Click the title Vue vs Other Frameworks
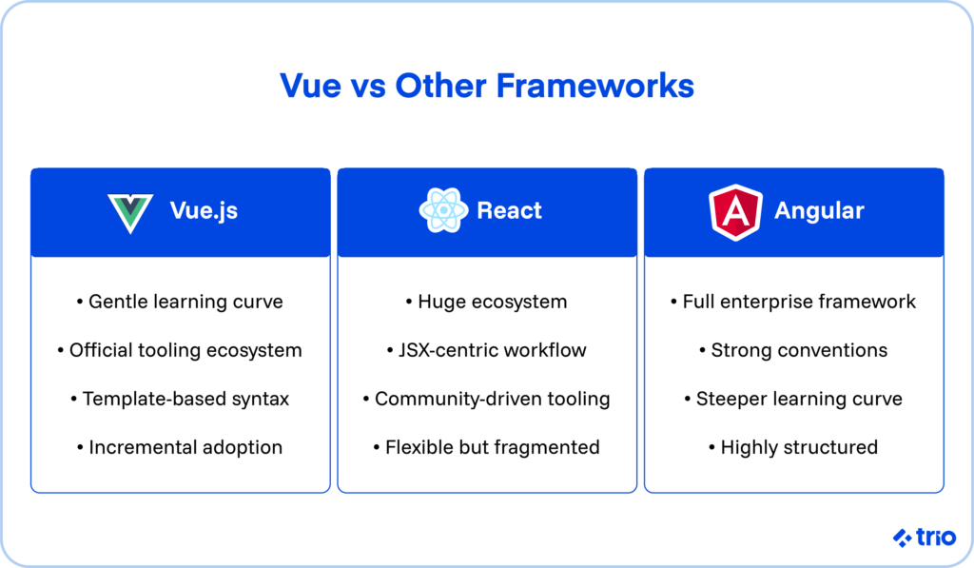[x=486, y=86]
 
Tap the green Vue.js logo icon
[x=130, y=212]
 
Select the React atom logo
[x=443, y=211]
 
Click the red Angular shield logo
[x=735, y=211]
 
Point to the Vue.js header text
[x=204, y=211]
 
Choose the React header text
[x=509, y=211]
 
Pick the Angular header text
[x=819, y=211]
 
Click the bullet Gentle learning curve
[x=180, y=302]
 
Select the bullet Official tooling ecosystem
[x=180, y=350]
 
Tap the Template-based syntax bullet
[x=180, y=399]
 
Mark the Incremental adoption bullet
[x=180, y=447]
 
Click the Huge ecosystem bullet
[x=486, y=302]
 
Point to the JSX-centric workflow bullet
[x=486, y=350]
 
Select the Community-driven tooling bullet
[x=486, y=399]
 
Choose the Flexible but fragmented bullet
[x=486, y=447]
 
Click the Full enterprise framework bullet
[x=793, y=302]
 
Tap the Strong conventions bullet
[x=793, y=350]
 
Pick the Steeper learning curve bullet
[x=793, y=399]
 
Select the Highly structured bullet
[x=793, y=447]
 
